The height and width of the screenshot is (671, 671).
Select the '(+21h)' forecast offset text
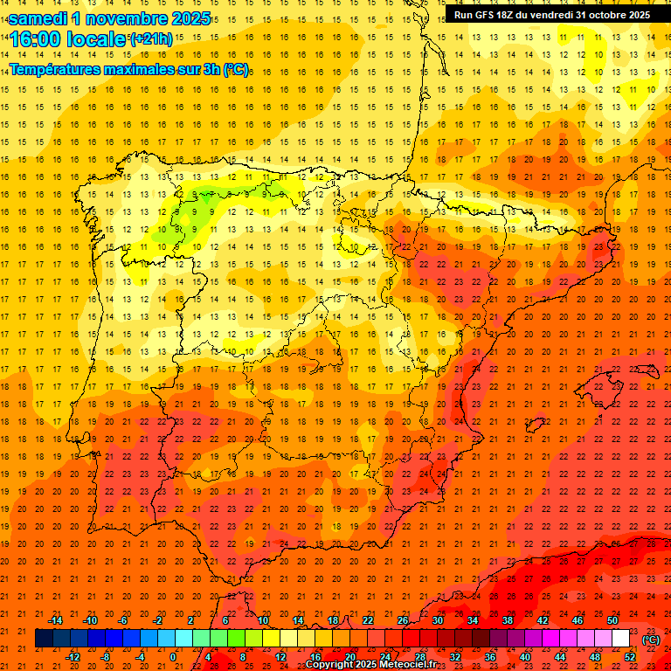coord(151,39)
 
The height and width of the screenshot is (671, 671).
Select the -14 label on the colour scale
coord(55,620)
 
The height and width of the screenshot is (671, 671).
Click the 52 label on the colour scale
coord(630,657)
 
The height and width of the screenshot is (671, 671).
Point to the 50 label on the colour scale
coord(612,620)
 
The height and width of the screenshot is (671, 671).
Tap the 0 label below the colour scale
coord(173,657)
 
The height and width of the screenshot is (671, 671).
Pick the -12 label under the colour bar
coord(73,657)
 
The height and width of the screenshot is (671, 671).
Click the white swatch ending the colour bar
coord(621,639)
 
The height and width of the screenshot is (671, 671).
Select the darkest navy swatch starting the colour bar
coord(44,639)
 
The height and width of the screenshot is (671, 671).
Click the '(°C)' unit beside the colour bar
coord(651,639)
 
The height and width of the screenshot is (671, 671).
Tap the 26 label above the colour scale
coord(403,620)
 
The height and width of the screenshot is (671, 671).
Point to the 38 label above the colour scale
coord(508,620)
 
